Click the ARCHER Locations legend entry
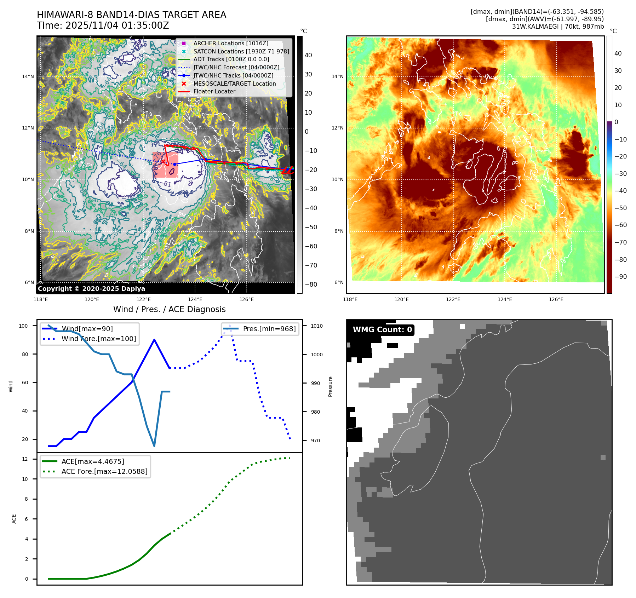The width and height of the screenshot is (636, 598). [230, 43]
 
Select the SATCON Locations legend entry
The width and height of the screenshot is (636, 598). [241, 51]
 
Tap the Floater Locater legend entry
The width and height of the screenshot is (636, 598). [214, 91]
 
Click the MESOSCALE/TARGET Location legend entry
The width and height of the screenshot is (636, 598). [234, 84]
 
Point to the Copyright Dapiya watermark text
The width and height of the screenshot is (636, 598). [91, 289]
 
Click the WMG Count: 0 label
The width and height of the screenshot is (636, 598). [382, 330]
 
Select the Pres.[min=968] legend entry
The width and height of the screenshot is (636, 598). [269, 329]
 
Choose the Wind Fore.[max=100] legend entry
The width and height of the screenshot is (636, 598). [98, 339]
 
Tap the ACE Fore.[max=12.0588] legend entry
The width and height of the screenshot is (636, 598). [104, 471]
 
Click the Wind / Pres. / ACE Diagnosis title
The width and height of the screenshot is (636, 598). [169, 309]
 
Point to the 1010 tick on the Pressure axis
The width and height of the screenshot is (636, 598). [317, 326]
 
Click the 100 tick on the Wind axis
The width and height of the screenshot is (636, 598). [23, 326]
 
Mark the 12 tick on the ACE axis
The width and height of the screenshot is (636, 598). [25, 459]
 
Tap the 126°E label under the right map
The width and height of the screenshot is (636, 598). [556, 299]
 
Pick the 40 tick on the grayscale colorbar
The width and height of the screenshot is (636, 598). [308, 55]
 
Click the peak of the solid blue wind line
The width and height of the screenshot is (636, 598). [154, 340]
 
